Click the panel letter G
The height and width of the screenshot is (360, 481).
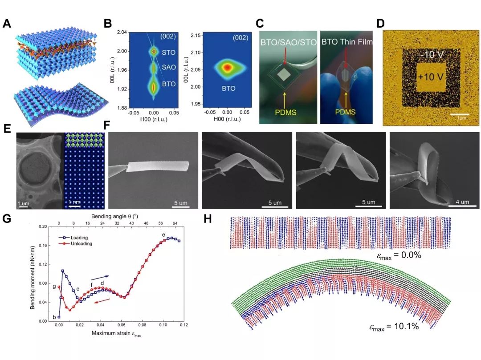pos(7,219)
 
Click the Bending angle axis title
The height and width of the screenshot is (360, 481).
pos(117,214)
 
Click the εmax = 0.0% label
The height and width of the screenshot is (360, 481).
pos(398,256)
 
